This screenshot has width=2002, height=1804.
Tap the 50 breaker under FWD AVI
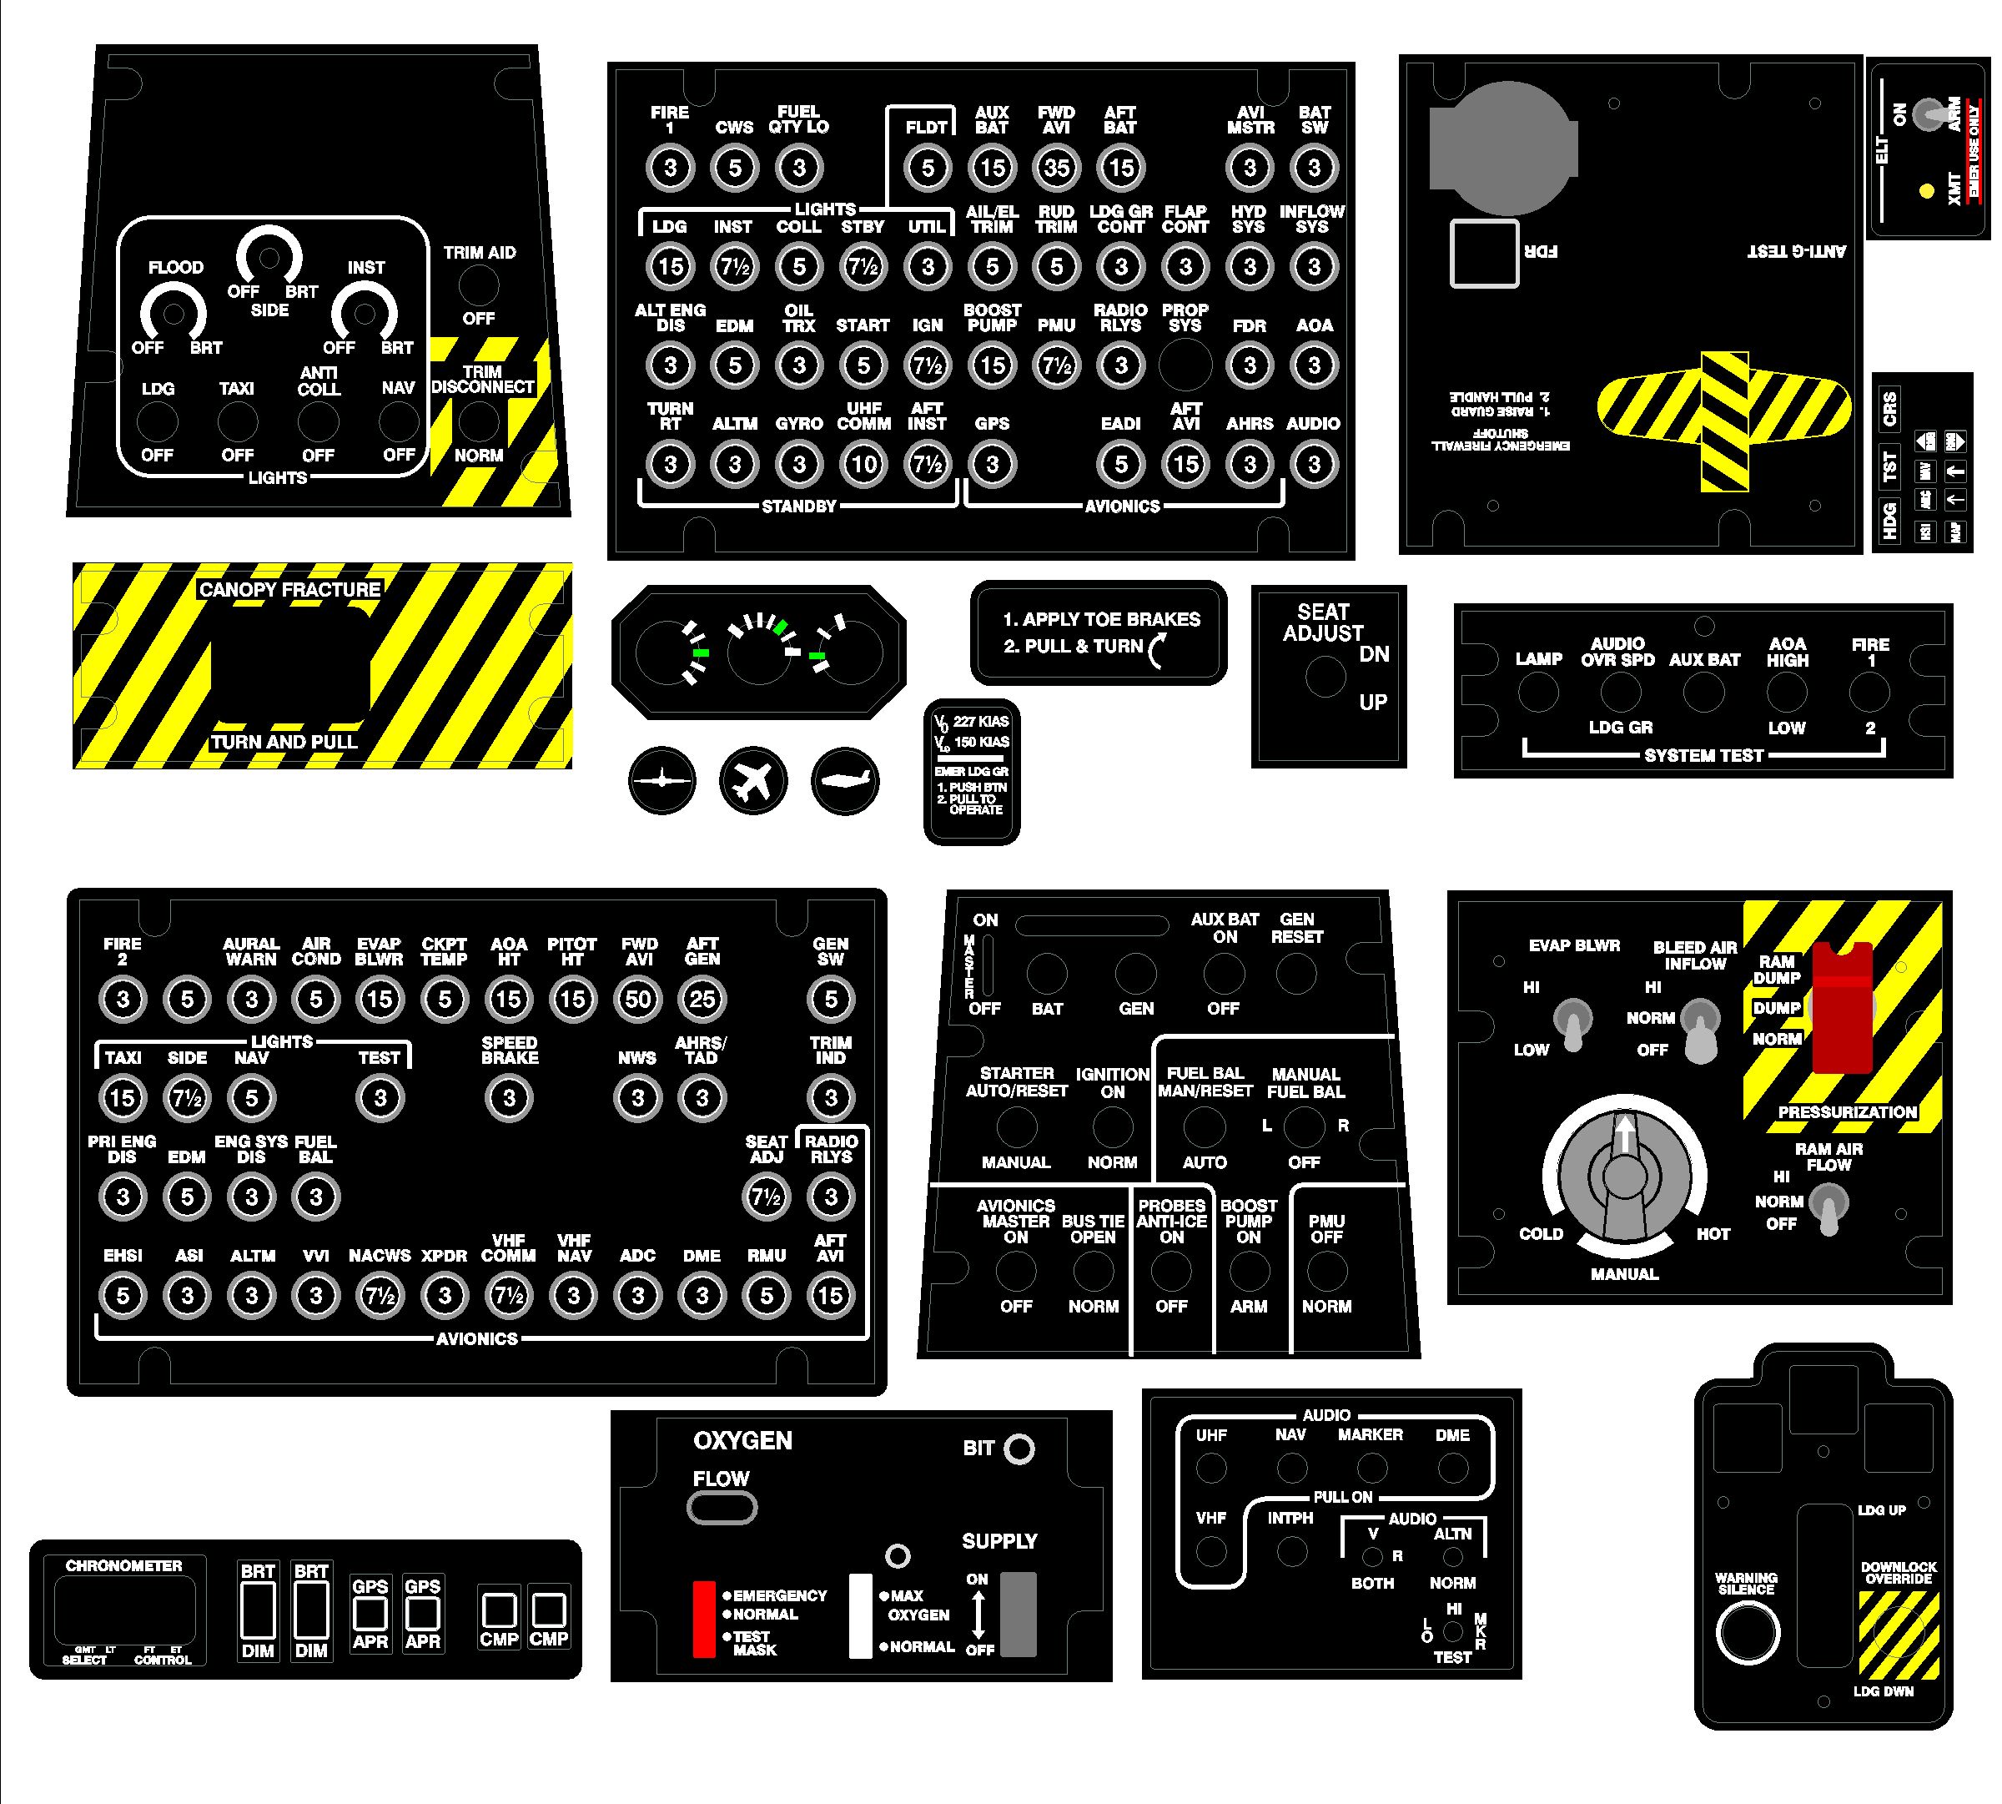[x=637, y=999]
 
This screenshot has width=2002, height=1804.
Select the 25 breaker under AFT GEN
[x=702, y=999]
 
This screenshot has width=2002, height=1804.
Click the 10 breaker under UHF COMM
[x=863, y=464]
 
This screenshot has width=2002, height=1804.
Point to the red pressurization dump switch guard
[x=1842, y=1009]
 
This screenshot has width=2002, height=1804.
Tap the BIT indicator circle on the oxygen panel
[x=1019, y=1449]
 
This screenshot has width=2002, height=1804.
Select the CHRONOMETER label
[x=124, y=1566]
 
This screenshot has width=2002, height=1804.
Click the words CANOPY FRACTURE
[x=289, y=590]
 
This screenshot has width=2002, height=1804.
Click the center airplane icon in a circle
[x=753, y=781]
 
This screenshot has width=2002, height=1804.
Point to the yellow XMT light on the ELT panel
[x=1926, y=191]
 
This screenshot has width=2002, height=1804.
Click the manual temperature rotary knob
[x=1623, y=1177]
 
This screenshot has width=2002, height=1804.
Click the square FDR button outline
[x=1484, y=254]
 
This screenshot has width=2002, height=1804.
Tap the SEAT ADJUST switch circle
[x=1325, y=677]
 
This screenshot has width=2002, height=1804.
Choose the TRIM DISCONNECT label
[x=483, y=380]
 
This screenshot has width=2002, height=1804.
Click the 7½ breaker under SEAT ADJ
[x=766, y=1197]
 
